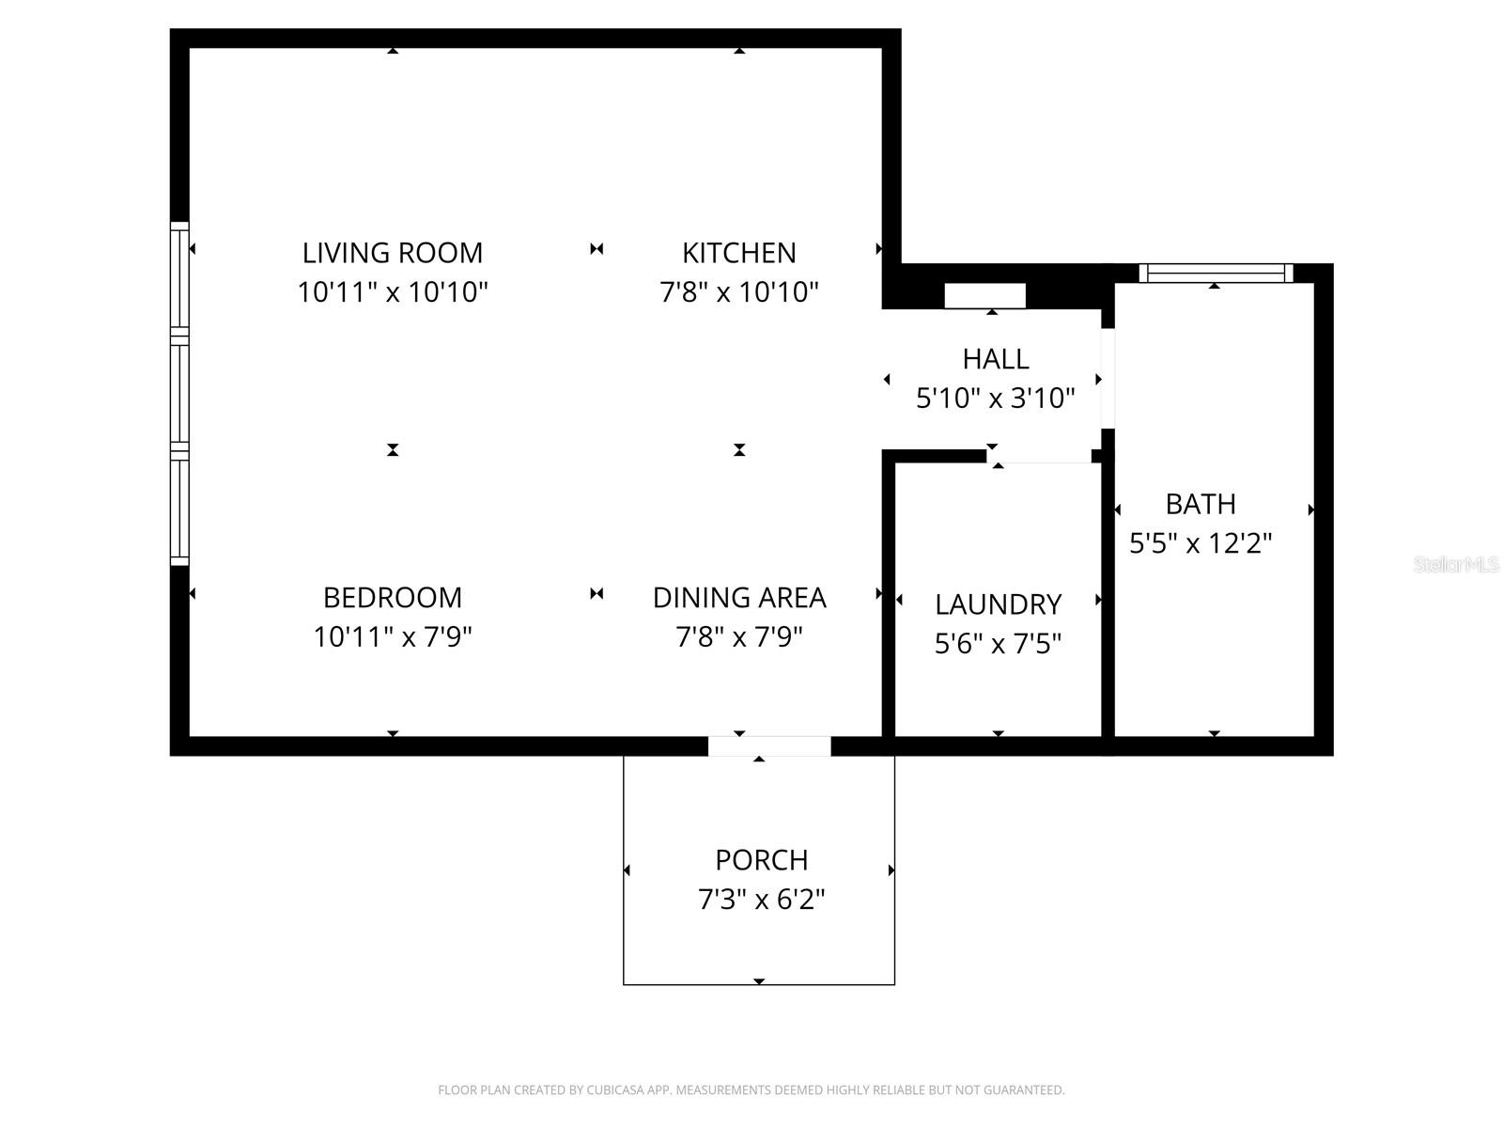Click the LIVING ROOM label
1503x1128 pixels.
point(393,254)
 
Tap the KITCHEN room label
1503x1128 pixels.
point(739,254)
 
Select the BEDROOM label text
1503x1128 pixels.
point(393,598)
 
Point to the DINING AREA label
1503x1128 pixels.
point(739,598)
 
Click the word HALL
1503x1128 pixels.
point(995,359)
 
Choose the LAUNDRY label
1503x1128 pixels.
point(998,604)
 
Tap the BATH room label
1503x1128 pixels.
point(1201,504)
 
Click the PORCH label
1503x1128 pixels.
point(762,860)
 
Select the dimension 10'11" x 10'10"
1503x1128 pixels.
point(393,292)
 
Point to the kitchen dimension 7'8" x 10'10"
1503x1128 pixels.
point(739,292)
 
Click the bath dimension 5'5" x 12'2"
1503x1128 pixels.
point(1201,544)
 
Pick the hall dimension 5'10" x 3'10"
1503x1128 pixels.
point(995,398)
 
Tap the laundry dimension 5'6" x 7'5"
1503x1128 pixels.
point(998,644)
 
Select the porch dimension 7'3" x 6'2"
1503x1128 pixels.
point(762,900)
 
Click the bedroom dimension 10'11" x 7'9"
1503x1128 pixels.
point(393,637)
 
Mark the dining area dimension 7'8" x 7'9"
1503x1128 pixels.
point(739,637)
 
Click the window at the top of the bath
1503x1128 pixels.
point(1216,274)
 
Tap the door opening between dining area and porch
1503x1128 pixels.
point(769,745)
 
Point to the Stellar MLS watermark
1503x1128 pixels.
point(1456,564)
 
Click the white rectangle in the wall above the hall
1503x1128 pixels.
point(984,296)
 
